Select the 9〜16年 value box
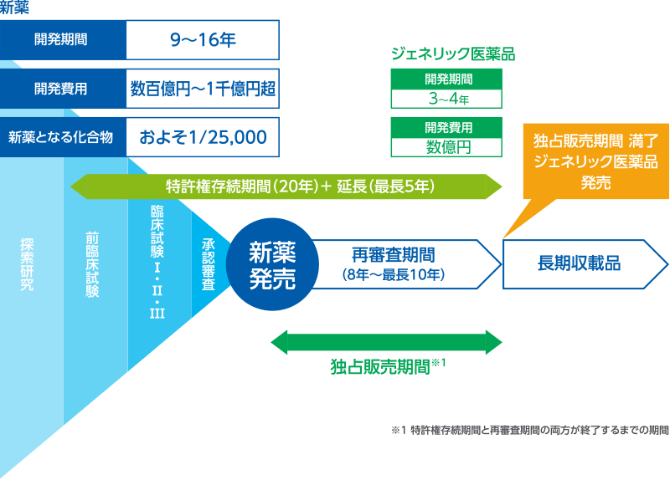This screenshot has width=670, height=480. click(202, 38)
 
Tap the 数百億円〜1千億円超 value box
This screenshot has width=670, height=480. click(202, 88)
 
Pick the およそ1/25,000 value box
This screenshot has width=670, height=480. click(202, 136)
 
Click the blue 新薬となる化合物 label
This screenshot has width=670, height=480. click(64, 136)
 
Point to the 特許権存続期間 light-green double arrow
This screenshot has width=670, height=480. click(286, 186)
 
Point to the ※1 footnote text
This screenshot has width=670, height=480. click(529, 431)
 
